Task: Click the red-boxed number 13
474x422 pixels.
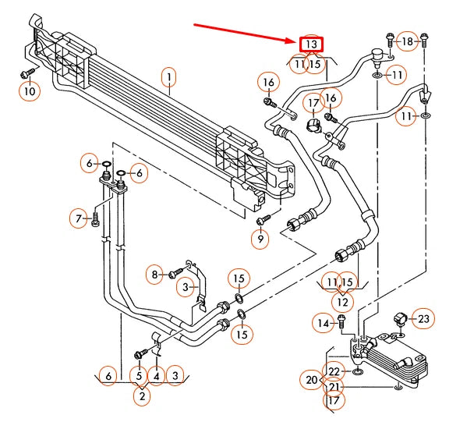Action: [x=311, y=44]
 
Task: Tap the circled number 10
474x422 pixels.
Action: [x=30, y=90]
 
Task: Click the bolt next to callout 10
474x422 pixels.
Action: [x=26, y=73]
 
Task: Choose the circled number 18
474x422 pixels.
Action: [x=407, y=41]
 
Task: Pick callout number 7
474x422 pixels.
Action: [x=78, y=219]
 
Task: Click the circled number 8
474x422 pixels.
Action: [x=155, y=274]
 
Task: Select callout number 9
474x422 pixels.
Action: [x=261, y=239]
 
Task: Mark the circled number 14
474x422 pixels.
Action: [x=324, y=322]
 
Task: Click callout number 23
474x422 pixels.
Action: [x=423, y=318]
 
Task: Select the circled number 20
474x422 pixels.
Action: [x=312, y=380]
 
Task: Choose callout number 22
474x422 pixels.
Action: [x=334, y=371]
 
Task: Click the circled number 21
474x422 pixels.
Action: [x=334, y=387]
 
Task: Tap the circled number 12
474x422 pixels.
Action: [x=342, y=300]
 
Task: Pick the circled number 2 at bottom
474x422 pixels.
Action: [x=142, y=395]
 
